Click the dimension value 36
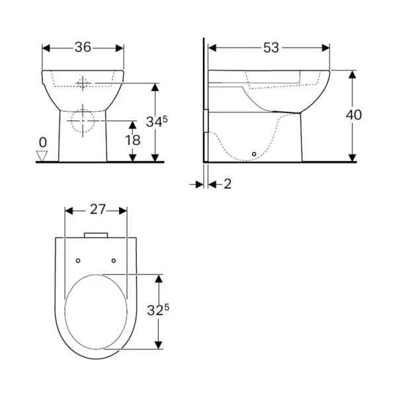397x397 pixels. [83, 48]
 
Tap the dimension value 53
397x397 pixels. [271, 48]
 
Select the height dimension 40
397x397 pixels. [354, 115]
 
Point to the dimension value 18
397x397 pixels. [133, 140]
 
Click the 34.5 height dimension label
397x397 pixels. [157, 122]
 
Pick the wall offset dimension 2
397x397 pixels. [228, 184]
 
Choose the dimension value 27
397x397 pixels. [97, 209]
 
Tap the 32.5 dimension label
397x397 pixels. [158, 310]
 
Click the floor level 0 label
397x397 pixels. [43, 142]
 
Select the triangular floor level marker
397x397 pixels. [42, 155]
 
